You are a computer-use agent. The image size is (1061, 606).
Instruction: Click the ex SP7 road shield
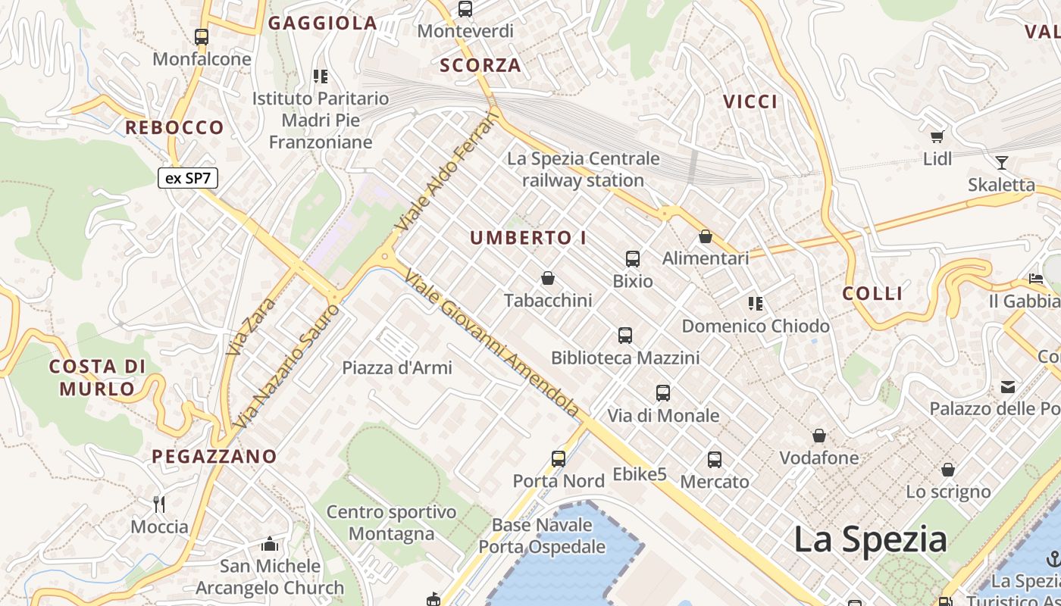click(x=188, y=179)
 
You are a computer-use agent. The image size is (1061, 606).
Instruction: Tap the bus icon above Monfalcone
click(x=202, y=36)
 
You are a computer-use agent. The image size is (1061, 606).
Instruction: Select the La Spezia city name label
click(x=870, y=540)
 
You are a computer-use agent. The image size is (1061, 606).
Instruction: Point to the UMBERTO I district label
click(x=528, y=238)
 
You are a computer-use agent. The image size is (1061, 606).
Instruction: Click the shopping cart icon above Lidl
click(x=937, y=136)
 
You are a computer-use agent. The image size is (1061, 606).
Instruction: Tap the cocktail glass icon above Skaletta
click(x=1001, y=162)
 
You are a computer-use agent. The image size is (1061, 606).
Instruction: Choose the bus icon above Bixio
click(x=633, y=258)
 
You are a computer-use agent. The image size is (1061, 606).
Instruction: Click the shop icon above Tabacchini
click(x=548, y=278)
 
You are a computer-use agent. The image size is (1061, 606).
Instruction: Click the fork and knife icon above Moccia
click(x=159, y=504)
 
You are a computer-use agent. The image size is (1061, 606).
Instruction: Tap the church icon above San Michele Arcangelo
click(x=270, y=544)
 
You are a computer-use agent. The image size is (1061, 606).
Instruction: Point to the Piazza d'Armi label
click(x=397, y=368)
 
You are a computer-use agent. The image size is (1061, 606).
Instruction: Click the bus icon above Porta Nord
click(x=559, y=458)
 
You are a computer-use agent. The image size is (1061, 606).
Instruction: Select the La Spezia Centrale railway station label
click(x=583, y=170)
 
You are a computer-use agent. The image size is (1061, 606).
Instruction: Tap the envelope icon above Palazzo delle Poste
click(x=1008, y=387)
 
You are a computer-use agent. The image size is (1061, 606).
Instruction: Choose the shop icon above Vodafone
click(x=819, y=436)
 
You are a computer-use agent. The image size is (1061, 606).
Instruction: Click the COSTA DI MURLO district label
click(x=97, y=378)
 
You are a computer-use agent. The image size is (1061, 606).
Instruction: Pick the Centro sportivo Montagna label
click(x=391, y=523)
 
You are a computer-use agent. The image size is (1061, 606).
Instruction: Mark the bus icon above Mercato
click(x=714, y=459)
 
